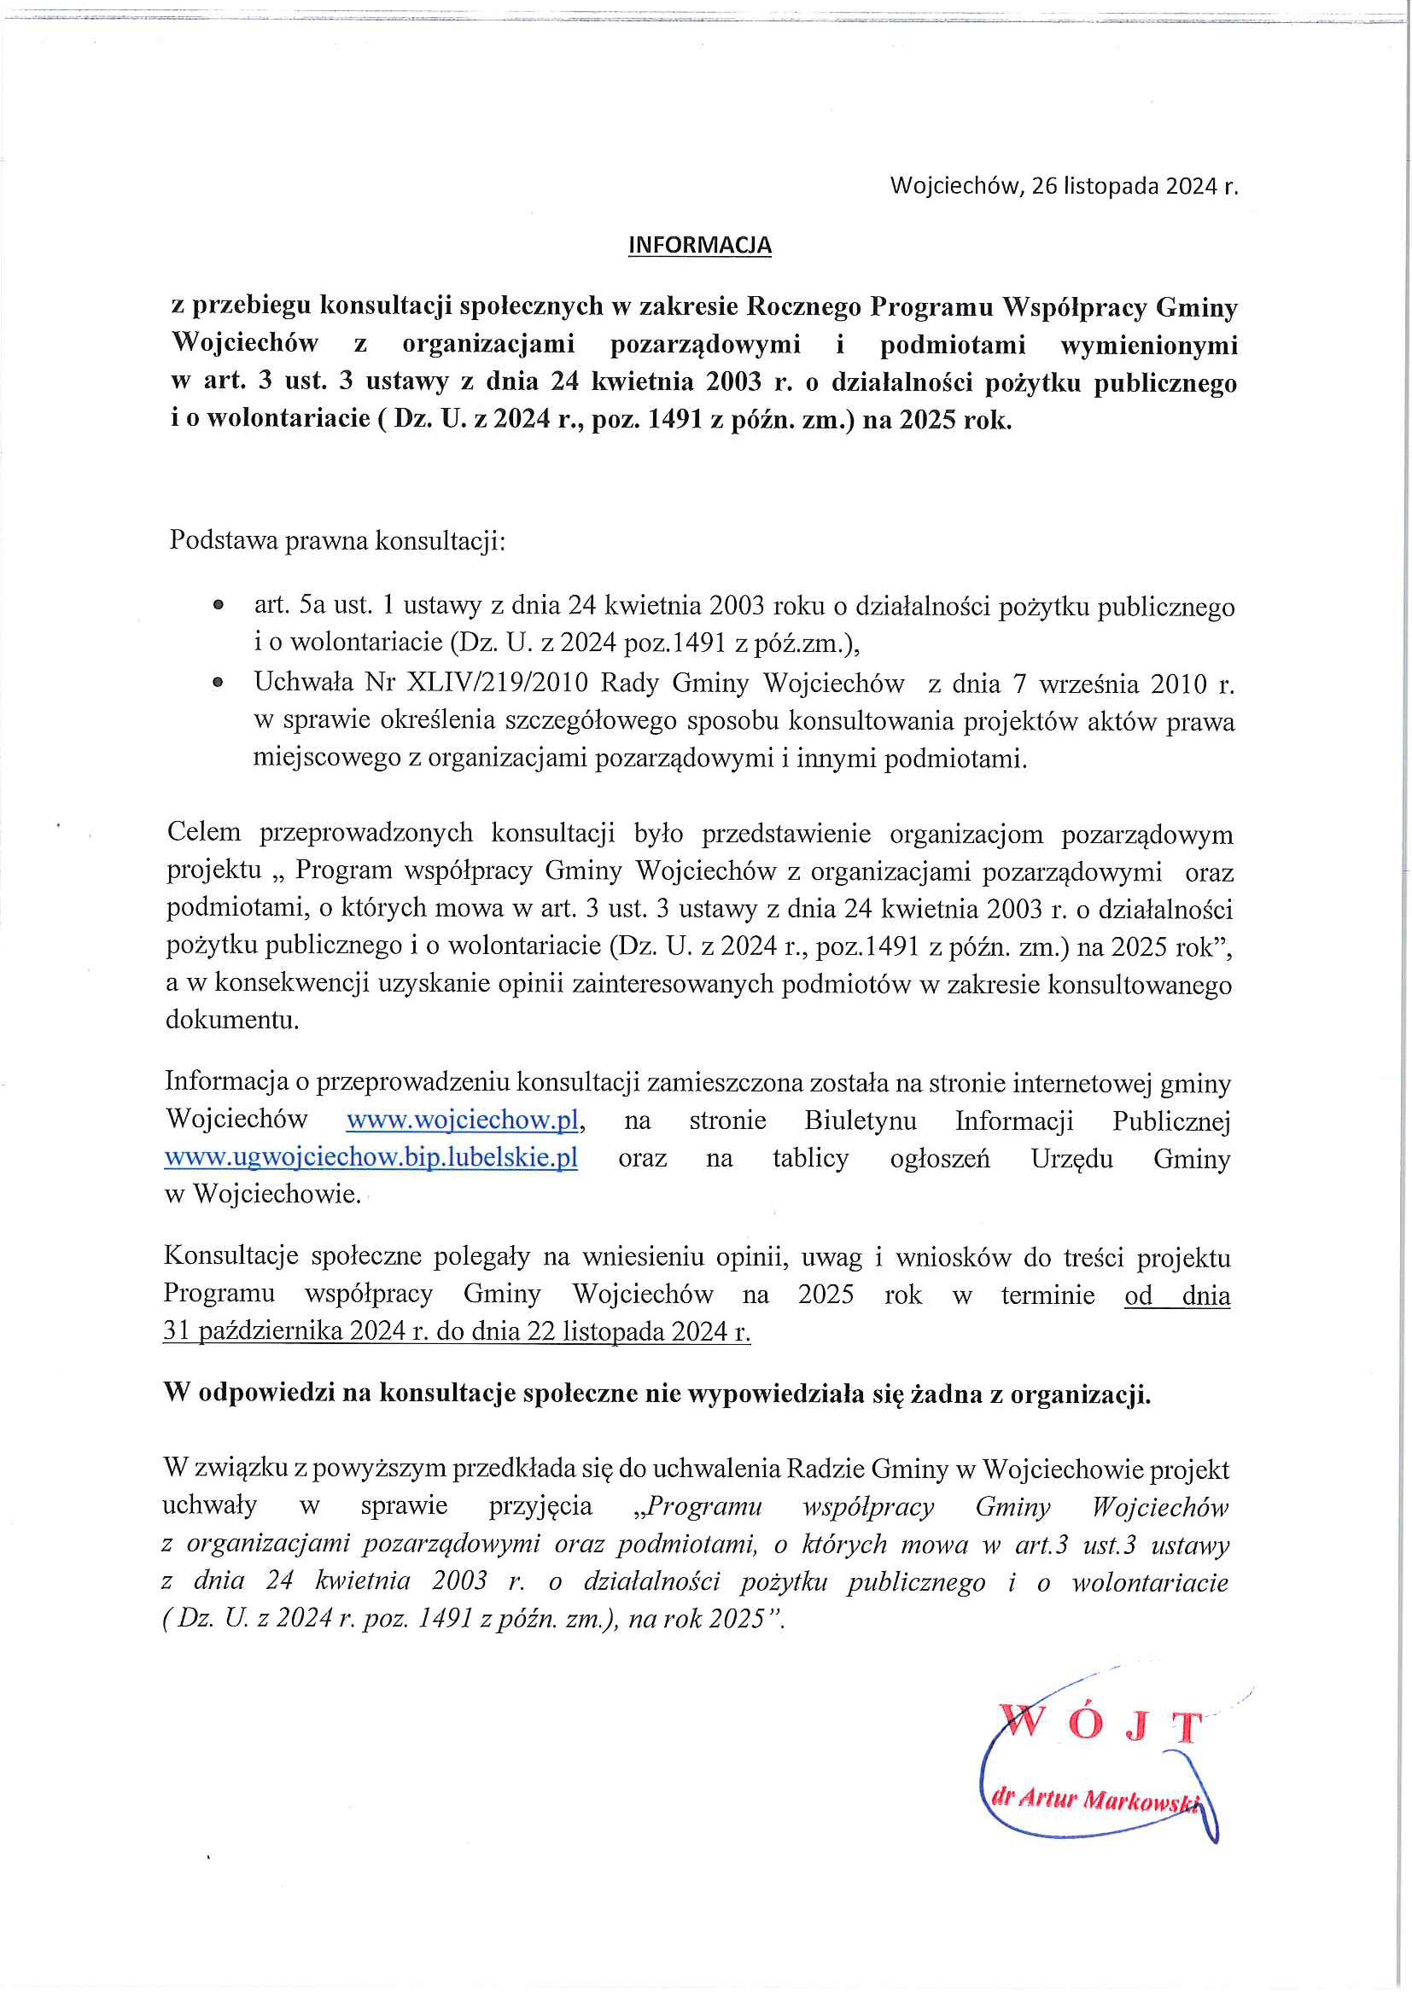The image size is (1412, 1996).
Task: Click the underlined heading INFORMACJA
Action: [700, 245]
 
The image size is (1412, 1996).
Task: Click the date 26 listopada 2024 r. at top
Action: [1134, 186]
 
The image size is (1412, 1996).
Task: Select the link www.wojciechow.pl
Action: [463, 1120]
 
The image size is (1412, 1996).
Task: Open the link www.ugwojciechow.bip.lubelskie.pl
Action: [371, 1158]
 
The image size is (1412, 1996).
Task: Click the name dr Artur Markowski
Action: [1095, 1798]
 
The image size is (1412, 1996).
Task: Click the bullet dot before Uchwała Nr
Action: [219, 684]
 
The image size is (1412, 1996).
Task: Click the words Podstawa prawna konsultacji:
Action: [337, 540]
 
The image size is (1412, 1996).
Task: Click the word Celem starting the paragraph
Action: [204, 832]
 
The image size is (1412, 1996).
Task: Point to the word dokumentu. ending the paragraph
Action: [232, 1020]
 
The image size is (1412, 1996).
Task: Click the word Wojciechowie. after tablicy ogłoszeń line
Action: [277, 1195]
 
